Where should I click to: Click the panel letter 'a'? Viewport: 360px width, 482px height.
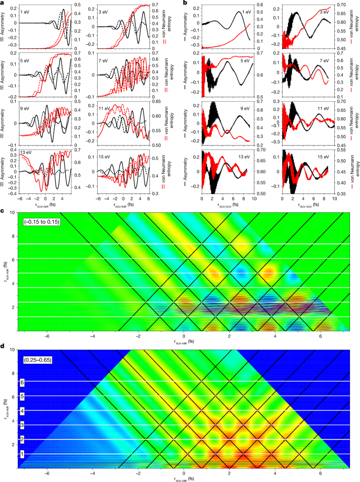[3, 3]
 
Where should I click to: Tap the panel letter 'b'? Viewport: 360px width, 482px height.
[184, 3]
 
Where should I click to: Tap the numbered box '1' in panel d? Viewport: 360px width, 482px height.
[22, 454]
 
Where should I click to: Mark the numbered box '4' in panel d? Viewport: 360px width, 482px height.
[22, 411]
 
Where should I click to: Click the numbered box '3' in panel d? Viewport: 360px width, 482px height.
[22, 425]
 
